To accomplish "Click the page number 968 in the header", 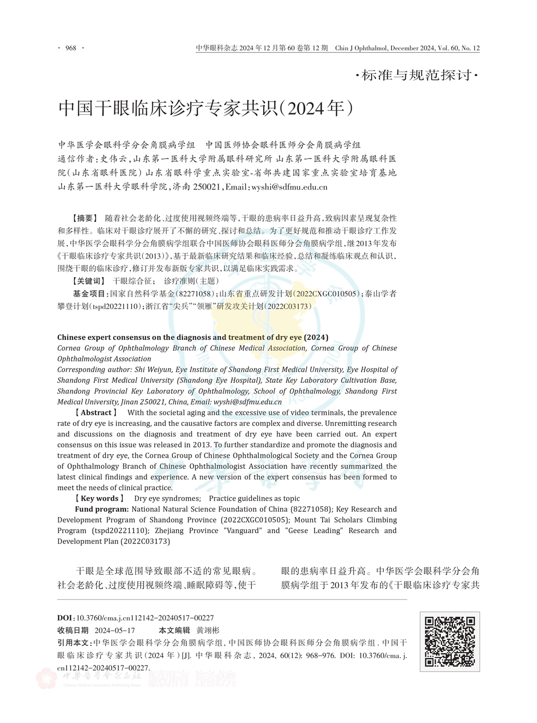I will (71, 48).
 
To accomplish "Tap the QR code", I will (450, 642).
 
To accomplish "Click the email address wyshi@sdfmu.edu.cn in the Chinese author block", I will (289, 187).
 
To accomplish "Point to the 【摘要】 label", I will (83, 218).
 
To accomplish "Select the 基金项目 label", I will (89, 294).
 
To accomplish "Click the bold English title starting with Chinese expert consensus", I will (193, 337).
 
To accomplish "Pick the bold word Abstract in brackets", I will (96, 413).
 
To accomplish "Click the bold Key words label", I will (99, 499).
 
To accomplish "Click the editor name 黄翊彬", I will (208, 630).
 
